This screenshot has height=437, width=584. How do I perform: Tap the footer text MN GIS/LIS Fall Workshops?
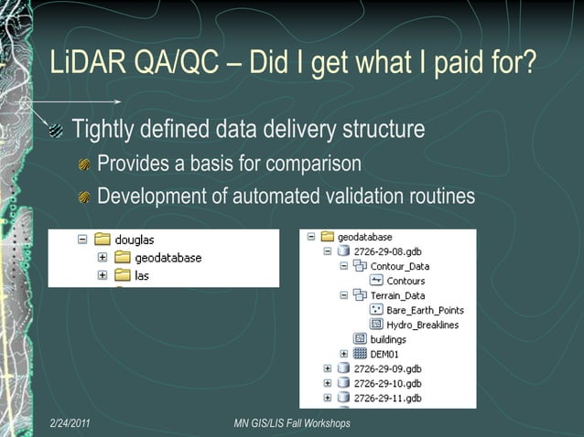tap(292, 423)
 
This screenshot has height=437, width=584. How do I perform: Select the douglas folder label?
tap(134, 240)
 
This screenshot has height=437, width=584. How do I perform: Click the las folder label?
tap(142, 274)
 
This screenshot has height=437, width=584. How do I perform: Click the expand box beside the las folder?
tap(103, 274)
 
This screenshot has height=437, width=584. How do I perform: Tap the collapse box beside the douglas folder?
tap(82, 240)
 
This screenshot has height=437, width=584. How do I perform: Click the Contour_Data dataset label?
tap(399, 266)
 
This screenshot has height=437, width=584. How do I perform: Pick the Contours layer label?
tap(405, 281)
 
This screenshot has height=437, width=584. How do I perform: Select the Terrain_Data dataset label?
tap(399, 295)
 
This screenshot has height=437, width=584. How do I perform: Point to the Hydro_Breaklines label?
tap(422, 325)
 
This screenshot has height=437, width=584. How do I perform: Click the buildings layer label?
tap(388, 339)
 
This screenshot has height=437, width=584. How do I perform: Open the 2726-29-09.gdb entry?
tap(387, 368)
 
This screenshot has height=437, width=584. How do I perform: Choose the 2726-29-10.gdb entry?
tap(387, 383)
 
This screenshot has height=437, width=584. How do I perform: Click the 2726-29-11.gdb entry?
tap(387, 398)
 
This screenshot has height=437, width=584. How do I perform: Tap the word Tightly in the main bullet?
tap(102, 130)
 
